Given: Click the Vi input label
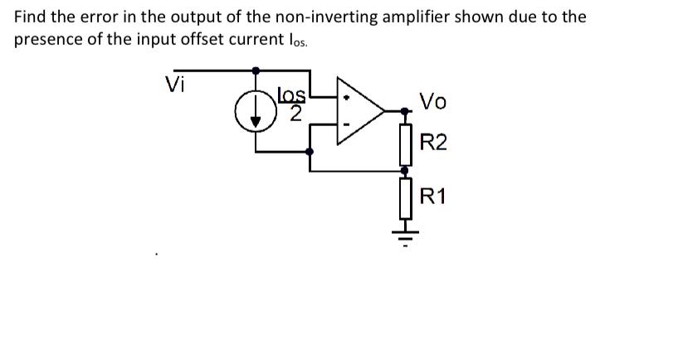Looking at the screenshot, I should tap(175, 84).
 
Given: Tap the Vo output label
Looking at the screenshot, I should tap(433, 102).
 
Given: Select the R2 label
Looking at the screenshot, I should tap(433, 143).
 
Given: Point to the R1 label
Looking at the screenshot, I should tap(433, 197).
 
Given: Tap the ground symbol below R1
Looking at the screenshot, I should tap(406, 226).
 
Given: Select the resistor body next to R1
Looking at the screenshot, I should tap(406, 196).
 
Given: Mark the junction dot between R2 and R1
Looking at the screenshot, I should tap(406, 169).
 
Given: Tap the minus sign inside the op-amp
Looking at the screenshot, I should tap(348, 126).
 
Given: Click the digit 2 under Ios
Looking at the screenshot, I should tap(294, 115).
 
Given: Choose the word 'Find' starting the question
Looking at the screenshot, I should tap(31, 17).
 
